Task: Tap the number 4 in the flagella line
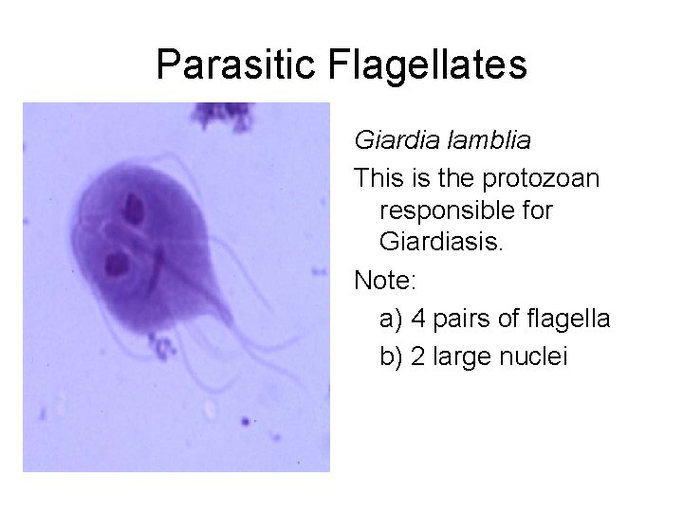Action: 419,319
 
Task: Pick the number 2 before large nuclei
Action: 419,357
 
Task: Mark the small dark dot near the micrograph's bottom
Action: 246,420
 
